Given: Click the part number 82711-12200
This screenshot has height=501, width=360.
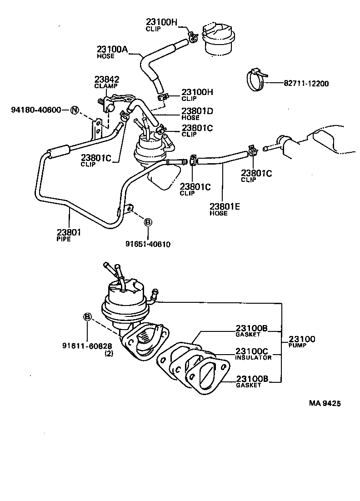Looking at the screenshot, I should click(x=305, y=84).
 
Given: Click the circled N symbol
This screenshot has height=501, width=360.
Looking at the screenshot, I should click(x=75, y=110).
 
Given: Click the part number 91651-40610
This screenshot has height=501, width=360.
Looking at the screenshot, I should click(x=148, y=244).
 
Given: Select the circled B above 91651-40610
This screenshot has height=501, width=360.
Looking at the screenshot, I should click(x=148, y=222).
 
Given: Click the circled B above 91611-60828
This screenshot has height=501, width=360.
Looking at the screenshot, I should click(x=88, y=317).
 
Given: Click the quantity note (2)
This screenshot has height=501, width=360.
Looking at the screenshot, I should click(x=109, y=353).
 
